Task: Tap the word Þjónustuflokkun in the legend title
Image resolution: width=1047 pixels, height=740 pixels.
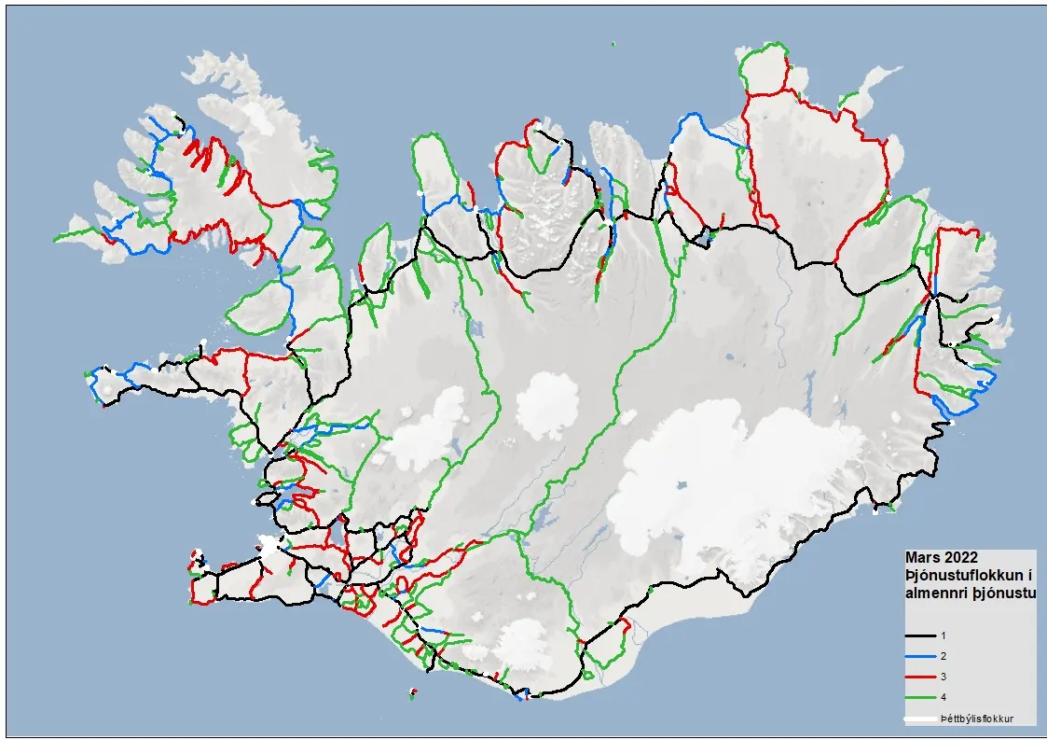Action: click(x=955, y=575)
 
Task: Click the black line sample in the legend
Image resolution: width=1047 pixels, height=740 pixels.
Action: click(x=919, y=635)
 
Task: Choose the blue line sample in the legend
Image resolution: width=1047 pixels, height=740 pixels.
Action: click(x=919, y=656)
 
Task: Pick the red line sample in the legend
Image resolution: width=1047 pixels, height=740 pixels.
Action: click(x=919, y=677)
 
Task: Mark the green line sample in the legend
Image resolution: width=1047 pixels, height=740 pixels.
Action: click(x=919, y=697)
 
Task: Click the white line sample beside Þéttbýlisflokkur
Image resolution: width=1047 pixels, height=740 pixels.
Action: click(x=919, y=719)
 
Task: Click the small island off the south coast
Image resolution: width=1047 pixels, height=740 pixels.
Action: click(x=412, y=693)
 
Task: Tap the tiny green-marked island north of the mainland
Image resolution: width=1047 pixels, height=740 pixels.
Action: click(x=613, y=44)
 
